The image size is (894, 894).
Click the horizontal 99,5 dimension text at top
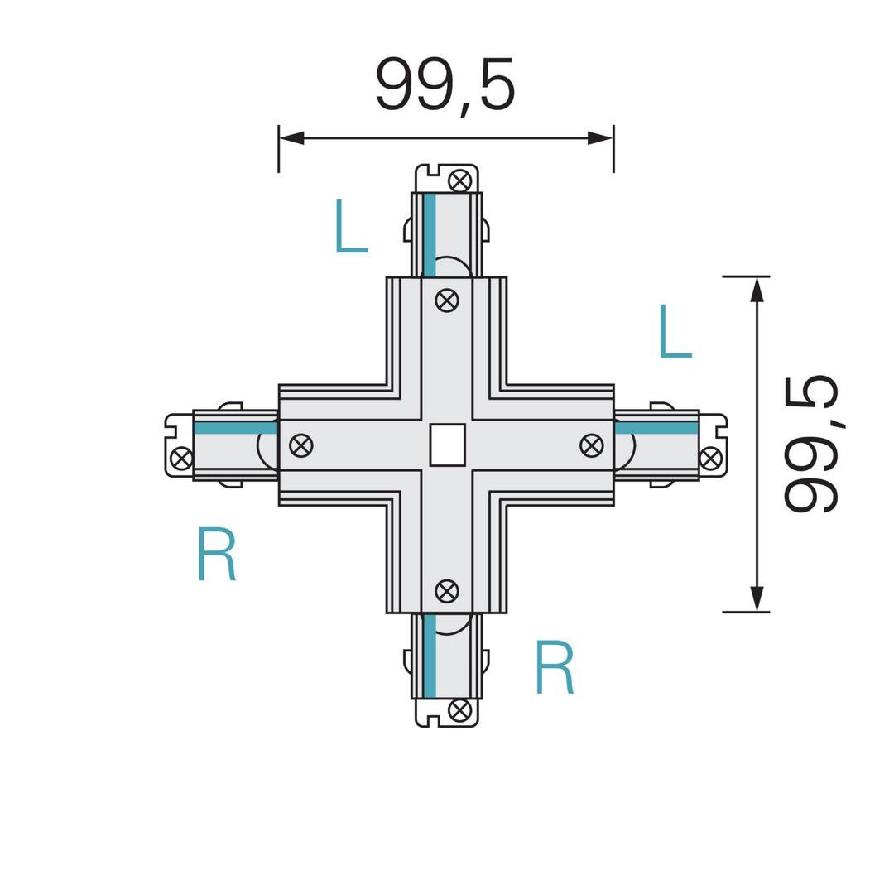coord(445,85)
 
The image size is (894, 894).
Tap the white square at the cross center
coord(448,445)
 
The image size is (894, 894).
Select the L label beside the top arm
coord(351,225)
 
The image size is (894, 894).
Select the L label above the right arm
coord(675,330)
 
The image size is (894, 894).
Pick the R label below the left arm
coord(217,554)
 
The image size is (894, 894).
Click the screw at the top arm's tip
coord(460,180)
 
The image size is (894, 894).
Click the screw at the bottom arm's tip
coord(459,710)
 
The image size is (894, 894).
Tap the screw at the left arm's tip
coord(182,459)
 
